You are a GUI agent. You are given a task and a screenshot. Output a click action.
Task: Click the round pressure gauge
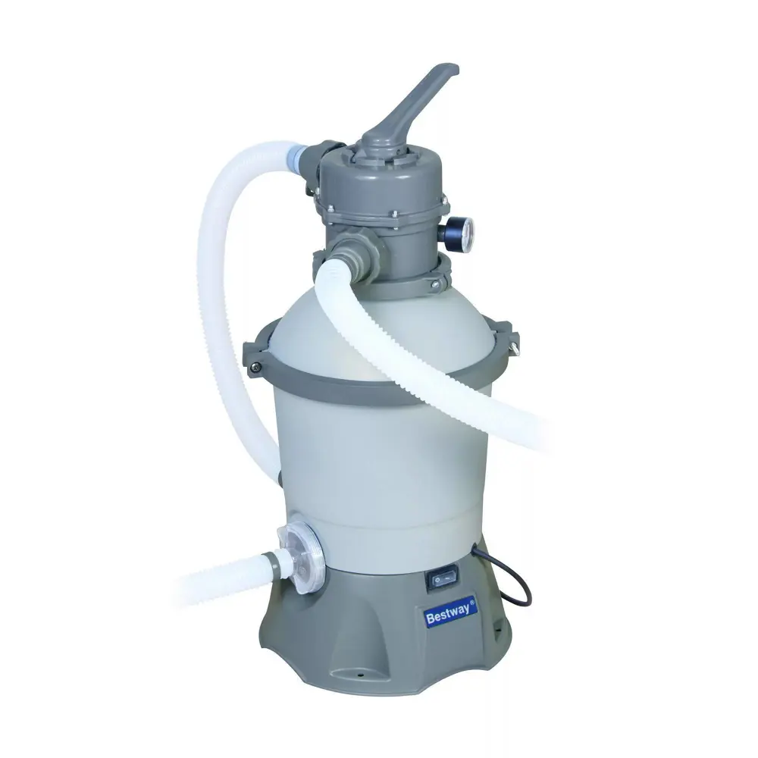[x=460, y=233]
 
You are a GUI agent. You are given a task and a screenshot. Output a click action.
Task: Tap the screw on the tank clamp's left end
[x=255, y=368]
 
